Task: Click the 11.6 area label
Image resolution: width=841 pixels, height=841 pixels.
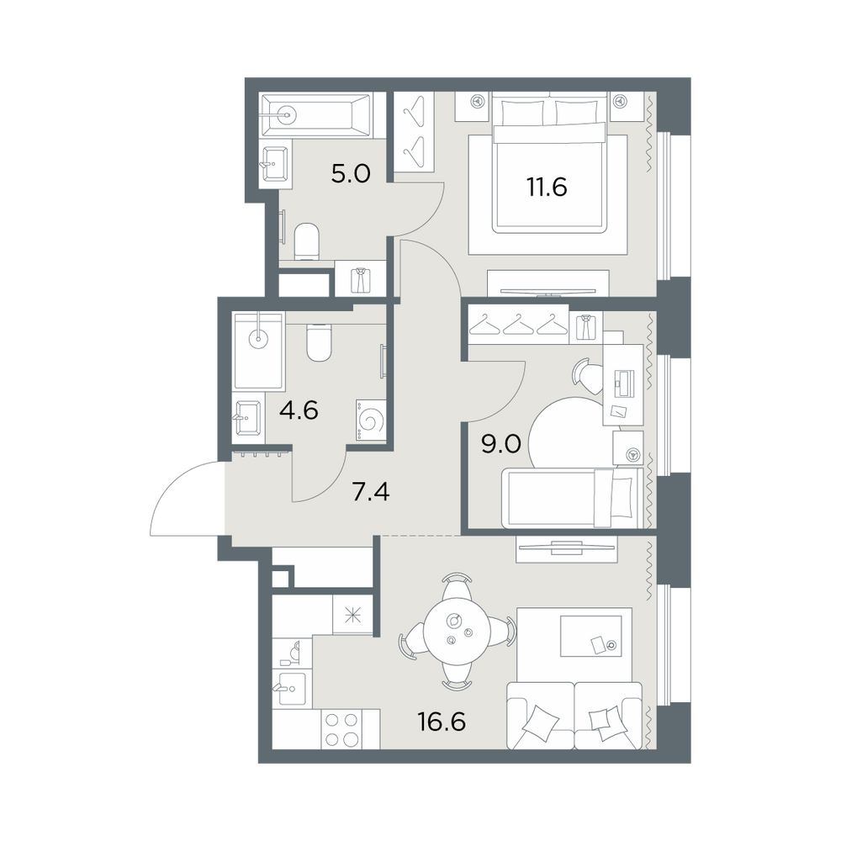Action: click(x=547, y=188)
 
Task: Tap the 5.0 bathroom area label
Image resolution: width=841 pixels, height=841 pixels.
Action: click(x=351, y=174)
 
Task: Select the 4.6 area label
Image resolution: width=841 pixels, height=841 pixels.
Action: click(x=299, y=411)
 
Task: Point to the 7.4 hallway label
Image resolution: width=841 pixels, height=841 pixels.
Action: click(x=371, y=491)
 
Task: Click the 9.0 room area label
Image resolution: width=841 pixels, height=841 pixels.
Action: click(x=501, y=444)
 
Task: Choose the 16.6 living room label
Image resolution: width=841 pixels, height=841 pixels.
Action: click(x=442, y=722)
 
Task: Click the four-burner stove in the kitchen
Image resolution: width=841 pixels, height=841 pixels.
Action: click(x=341, y=729)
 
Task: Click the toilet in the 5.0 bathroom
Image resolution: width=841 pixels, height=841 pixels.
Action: click(x=307, y=241)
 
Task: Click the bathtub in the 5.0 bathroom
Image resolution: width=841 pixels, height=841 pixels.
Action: click(x=315, y=113)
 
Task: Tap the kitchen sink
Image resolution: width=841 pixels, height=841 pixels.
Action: click(x=289, y=689)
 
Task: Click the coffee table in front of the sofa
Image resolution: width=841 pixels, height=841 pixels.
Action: click(x=591, y=636)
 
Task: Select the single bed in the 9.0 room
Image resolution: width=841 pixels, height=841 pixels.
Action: click(x=572, y=497)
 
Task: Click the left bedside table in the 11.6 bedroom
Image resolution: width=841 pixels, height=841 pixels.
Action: click(x=473, y=106)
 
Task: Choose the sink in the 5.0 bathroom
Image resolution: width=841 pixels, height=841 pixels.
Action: click(x=275, y=164)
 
